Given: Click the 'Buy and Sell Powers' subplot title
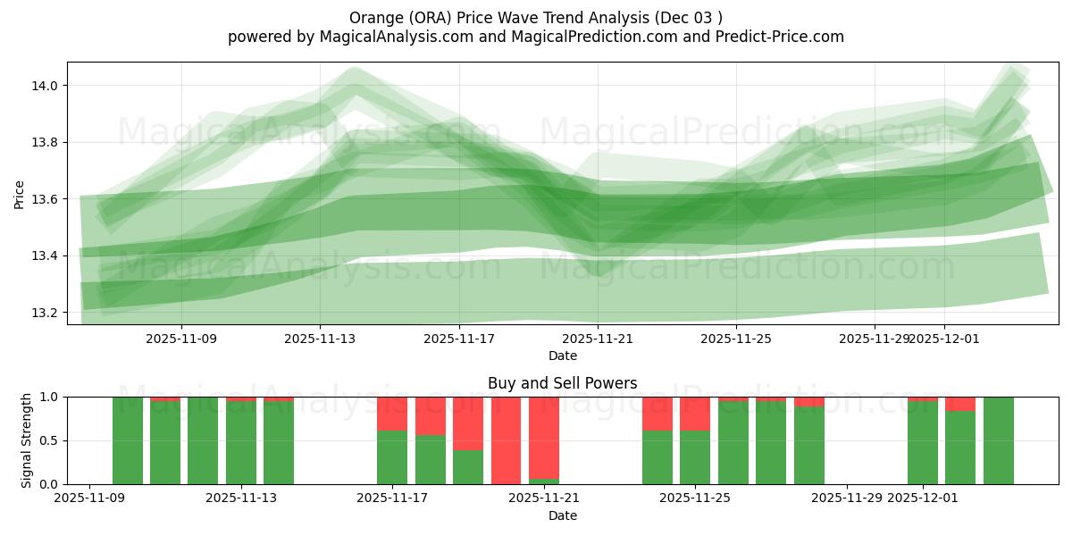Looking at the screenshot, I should click(x=562, y=383).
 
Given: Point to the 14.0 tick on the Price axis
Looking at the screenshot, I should click(x=45, y=86).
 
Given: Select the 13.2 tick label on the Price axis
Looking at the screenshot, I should click(x=45, y=313).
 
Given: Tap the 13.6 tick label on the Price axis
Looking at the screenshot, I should click(x=45, y=199).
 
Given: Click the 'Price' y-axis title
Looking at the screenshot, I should click(x=20, y=194).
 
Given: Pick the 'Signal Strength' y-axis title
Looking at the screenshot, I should click(x=26, y=440).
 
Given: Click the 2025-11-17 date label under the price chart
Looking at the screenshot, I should click(x=459, y=339).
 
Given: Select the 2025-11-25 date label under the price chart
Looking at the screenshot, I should click(x=736, y=339).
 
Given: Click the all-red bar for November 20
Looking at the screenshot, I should click(x=507, y=440).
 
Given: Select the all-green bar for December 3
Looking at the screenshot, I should click(x=999, y=440).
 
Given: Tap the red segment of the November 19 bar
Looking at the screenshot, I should click(x=468, y=423).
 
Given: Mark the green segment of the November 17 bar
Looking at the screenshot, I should click(x=392, y=457).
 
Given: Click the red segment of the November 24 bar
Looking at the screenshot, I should click(x=657, y=414).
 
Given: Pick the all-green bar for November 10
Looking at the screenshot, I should click(x=128, y=440).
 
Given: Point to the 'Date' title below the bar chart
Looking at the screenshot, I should click(x=562, y=515).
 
